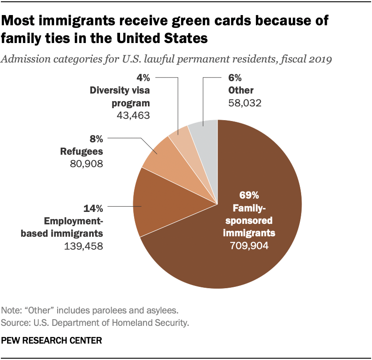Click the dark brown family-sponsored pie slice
click(248, 248)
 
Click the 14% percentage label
click(93, 207)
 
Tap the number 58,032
click(245, 103)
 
